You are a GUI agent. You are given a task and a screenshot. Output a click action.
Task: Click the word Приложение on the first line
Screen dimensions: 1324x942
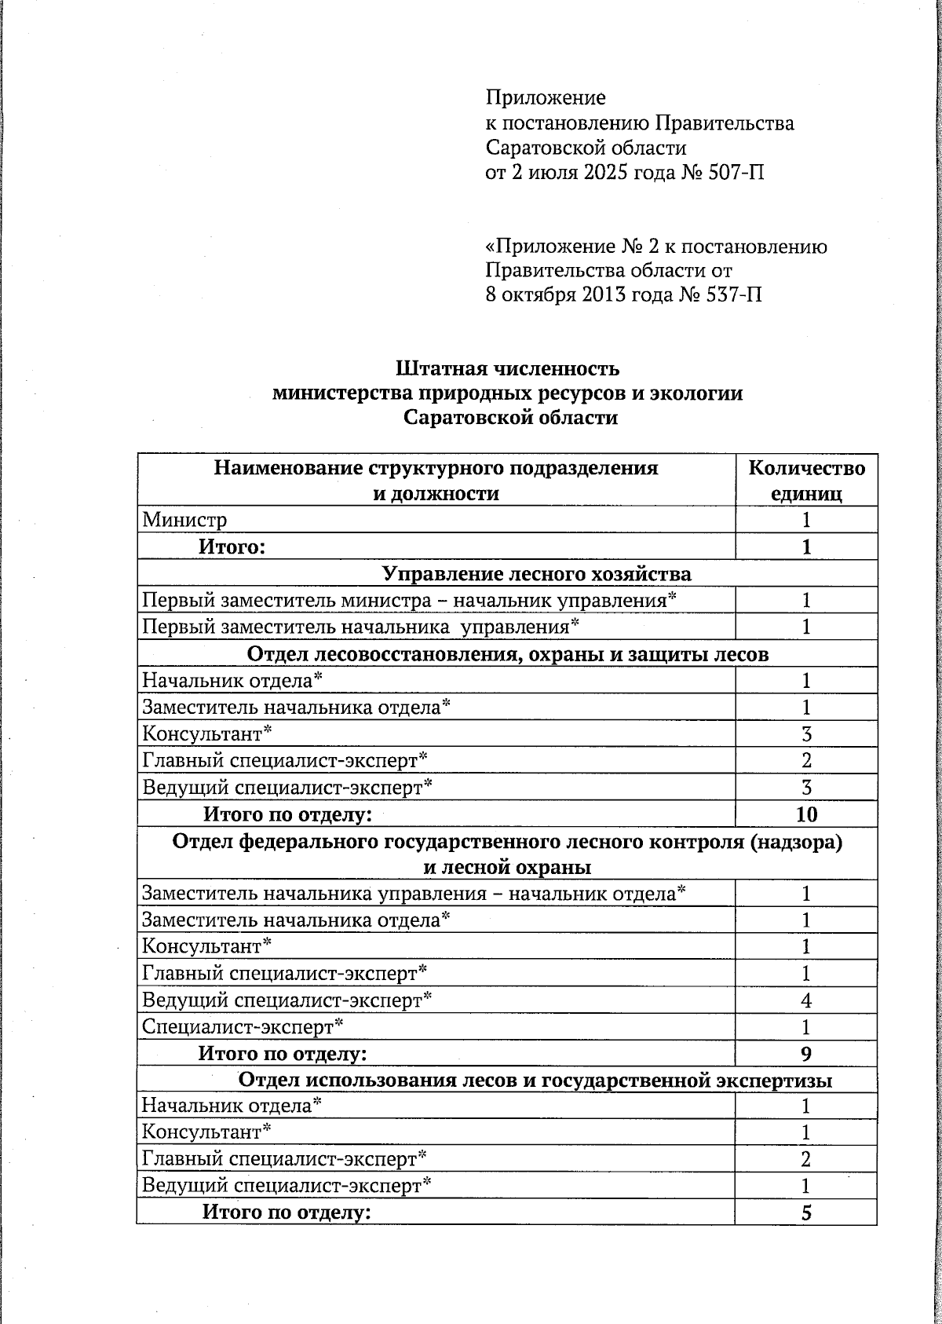pos(546,98)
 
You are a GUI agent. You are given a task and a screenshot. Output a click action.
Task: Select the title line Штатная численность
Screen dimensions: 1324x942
pos(508,368)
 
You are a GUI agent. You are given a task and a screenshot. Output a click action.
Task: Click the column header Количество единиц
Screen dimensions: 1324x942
pos(806,481)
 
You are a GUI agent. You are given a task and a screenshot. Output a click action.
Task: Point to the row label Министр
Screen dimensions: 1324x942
pos(184,520)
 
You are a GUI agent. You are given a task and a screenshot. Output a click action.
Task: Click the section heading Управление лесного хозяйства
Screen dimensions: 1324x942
pos(537,574)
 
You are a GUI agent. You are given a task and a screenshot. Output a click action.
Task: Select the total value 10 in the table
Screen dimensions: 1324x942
pos(806,814)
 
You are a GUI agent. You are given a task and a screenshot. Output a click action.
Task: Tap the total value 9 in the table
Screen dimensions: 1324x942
pos(806,1054)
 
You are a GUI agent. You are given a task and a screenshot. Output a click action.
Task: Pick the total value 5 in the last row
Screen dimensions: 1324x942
pos(806,1213)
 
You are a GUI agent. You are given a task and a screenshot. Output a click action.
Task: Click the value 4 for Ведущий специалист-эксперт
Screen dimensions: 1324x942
pos(806,1000)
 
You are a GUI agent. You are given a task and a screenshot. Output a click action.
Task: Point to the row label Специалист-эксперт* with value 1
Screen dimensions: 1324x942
pos(243,1026)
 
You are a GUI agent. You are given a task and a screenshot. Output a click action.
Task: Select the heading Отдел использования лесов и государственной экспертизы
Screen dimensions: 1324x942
pos(535,1081)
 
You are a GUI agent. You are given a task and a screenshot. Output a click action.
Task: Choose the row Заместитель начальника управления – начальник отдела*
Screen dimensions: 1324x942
pos(414,894)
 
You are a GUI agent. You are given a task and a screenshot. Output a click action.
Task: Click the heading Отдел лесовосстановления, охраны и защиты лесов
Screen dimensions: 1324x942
pos(508,654)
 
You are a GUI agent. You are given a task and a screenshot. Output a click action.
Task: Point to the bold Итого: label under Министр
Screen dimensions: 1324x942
pos(232,547)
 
